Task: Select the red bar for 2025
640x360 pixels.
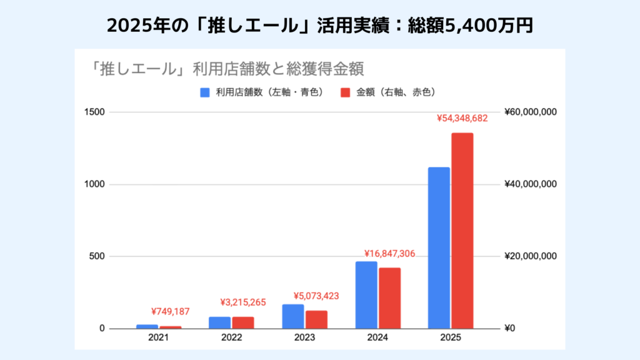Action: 462,231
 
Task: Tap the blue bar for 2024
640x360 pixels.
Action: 366,295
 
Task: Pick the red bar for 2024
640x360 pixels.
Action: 389,298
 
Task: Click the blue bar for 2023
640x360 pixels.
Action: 293,316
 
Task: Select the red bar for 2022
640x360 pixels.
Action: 243,322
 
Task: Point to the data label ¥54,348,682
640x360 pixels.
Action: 462,118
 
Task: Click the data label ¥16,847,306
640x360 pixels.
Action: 389,254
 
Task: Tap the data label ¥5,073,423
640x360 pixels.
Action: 316,296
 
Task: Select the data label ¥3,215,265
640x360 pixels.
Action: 243,302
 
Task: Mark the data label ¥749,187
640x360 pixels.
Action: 170,312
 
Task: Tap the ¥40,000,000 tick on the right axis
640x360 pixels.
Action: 529,184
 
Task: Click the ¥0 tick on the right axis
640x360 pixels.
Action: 509,329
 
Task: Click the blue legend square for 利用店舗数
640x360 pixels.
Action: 204,92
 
